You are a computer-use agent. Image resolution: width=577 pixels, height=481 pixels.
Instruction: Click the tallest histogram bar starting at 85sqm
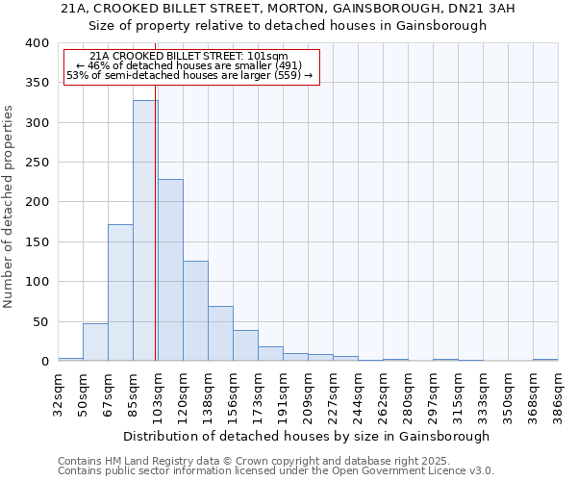click(145, 231)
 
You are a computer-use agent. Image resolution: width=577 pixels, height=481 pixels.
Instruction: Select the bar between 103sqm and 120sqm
click(170, 270)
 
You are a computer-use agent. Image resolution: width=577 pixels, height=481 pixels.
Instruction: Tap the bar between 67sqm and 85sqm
click(120, 292)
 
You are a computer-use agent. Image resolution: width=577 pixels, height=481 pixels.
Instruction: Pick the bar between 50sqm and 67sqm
click(95, 342)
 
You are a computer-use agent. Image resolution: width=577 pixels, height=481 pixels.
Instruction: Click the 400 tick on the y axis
click(38, 43)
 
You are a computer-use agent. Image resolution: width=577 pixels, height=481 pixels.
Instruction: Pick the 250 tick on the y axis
click(38, 163)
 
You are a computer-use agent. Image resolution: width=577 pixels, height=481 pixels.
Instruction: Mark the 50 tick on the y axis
click(41, 321)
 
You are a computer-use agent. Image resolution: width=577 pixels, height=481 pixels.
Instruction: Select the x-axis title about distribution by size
click(308, 436)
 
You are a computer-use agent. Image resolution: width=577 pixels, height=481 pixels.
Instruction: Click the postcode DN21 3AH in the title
click(424, 9)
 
